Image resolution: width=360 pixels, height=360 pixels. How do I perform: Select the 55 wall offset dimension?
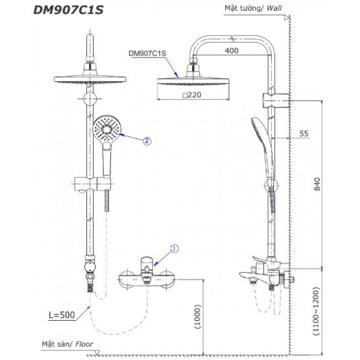coord(304,134)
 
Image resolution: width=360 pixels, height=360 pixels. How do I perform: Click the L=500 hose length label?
coord(62,315)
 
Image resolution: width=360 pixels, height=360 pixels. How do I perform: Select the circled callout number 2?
coord(147,141)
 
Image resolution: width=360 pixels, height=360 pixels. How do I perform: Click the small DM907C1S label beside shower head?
coord(146,55)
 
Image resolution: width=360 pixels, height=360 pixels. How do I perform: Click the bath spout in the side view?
coord(253,278)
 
